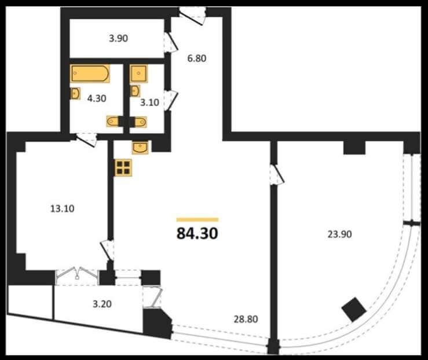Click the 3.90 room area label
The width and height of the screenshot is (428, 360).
pos(119,38)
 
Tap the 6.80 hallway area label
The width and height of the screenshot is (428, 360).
pos(196,58)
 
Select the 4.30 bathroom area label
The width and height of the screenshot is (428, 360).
pos(97,98)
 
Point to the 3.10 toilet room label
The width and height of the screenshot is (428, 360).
pos(149,102)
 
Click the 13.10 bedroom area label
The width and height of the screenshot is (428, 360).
pos(63,208)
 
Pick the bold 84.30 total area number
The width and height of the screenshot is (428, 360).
pos(197,233)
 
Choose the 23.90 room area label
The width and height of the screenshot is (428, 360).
pos(339,234)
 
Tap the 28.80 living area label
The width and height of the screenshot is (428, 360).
pos(246,319)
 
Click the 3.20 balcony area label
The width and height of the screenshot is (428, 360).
pos(102,304)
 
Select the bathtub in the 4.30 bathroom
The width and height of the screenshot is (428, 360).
pos(90,74)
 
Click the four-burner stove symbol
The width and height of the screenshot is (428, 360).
pos(123,168)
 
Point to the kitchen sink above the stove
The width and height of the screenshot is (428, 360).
pos(140,148)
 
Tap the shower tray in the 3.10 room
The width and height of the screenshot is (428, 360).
pos(139,74)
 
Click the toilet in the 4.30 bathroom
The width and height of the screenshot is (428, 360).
pos(113,122)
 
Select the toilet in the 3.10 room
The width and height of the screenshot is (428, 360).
pos(140,122)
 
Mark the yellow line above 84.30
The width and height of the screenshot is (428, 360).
pos(197,219)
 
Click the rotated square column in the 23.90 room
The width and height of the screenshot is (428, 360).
pos(354,310)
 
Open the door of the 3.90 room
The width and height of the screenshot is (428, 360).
pos(171,42)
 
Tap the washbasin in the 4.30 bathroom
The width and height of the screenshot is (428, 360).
pos(75,94)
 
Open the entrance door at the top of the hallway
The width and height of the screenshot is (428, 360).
pos(193,16)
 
